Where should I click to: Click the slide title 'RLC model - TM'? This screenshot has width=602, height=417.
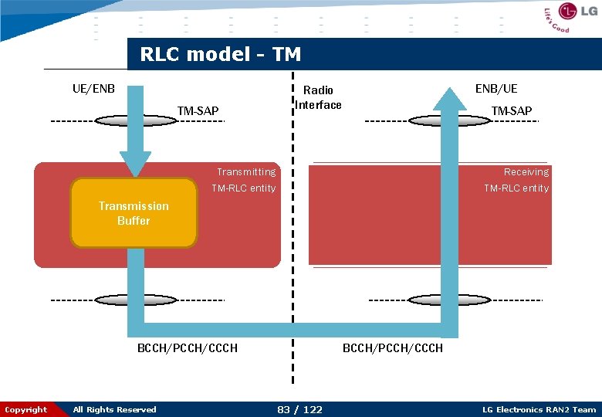coord(220,55)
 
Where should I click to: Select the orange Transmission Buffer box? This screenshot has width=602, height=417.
coord(134,213)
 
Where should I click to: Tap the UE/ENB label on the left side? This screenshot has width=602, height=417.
coord(93,88)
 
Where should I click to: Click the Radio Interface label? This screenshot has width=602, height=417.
coord(319,98)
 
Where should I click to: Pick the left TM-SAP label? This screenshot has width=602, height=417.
coord(198,111)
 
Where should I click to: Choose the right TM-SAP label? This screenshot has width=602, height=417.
coord(511,111)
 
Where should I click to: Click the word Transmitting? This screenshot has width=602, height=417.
coord(245,171)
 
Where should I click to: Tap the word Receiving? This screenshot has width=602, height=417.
coord(526,171)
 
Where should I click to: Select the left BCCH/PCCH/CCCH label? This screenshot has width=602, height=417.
coord(187,348)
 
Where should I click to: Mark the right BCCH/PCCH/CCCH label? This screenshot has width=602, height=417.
coord(392,348)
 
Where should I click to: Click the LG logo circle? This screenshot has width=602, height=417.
coord(568,12)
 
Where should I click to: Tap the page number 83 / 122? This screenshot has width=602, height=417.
coord(299,409)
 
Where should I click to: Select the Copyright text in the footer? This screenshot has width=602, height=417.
coord(25,410)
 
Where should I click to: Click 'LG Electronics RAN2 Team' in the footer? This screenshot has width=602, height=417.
coord(539,410)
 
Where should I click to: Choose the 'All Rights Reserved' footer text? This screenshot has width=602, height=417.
coord(114,410)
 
